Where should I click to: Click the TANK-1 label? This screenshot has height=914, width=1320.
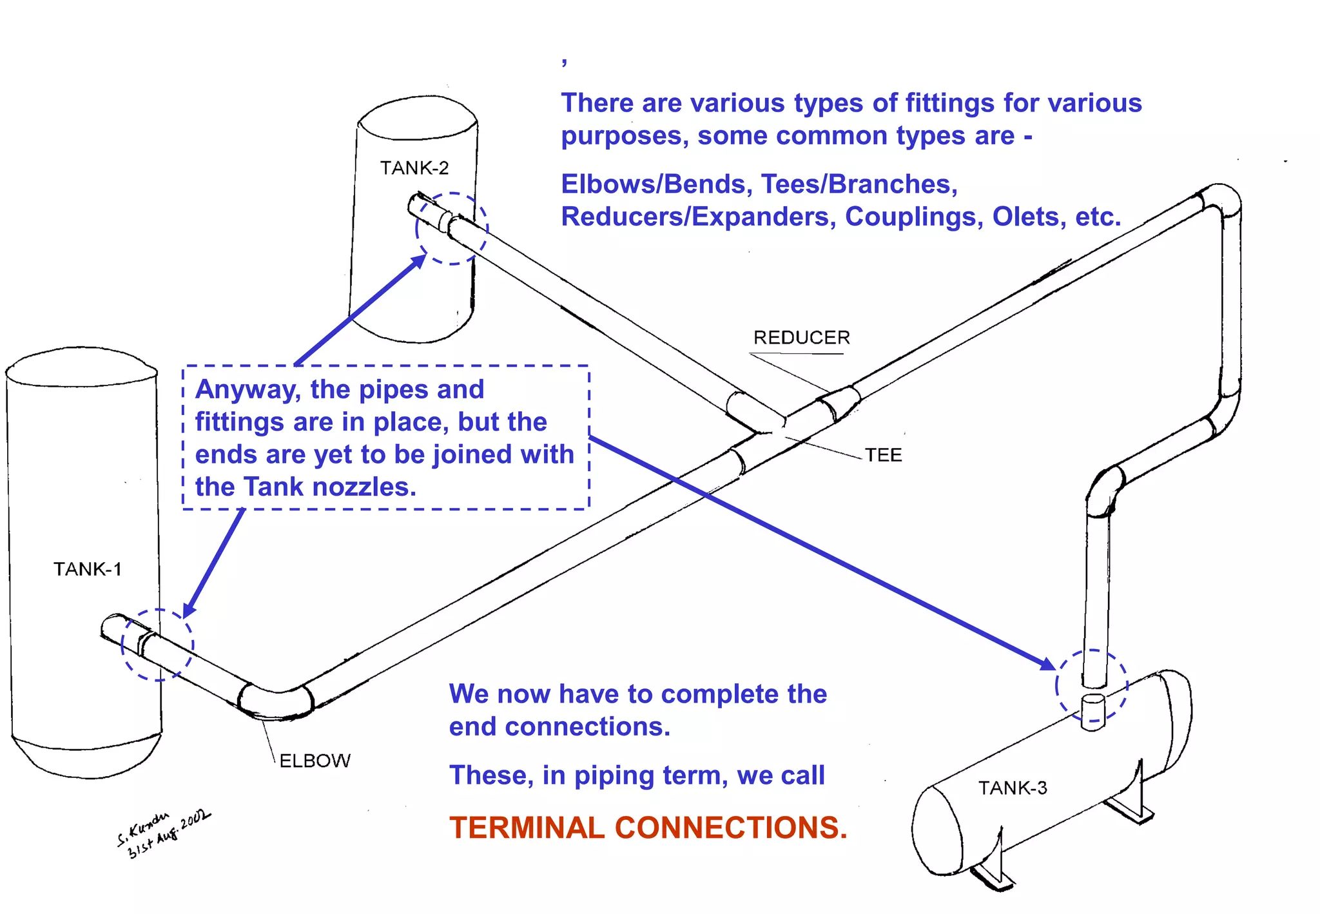pos(87,569)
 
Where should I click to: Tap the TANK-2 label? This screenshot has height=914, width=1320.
pos(414,168)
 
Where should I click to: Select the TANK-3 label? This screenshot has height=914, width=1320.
pos(1013,788)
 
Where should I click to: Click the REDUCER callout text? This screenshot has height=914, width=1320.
pos(801,338)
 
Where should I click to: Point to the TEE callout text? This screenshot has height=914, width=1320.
pos(883,455)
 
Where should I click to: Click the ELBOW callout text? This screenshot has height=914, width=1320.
pos(315,761)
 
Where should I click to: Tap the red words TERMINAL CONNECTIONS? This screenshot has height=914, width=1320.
pos(648,828)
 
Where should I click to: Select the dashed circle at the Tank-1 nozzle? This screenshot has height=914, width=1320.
pos(157,645)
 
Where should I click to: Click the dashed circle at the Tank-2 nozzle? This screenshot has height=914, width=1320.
pos(452,228)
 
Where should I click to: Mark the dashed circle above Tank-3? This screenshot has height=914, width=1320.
pos(1091,685)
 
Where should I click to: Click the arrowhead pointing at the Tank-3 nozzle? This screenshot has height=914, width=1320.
pos(1048,664)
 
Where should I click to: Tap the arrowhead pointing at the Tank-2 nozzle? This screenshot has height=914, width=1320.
pos(419,261)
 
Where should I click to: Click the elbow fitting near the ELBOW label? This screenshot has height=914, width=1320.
pos(277,699)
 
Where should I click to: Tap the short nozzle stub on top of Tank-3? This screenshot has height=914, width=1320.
pos(1092,711)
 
